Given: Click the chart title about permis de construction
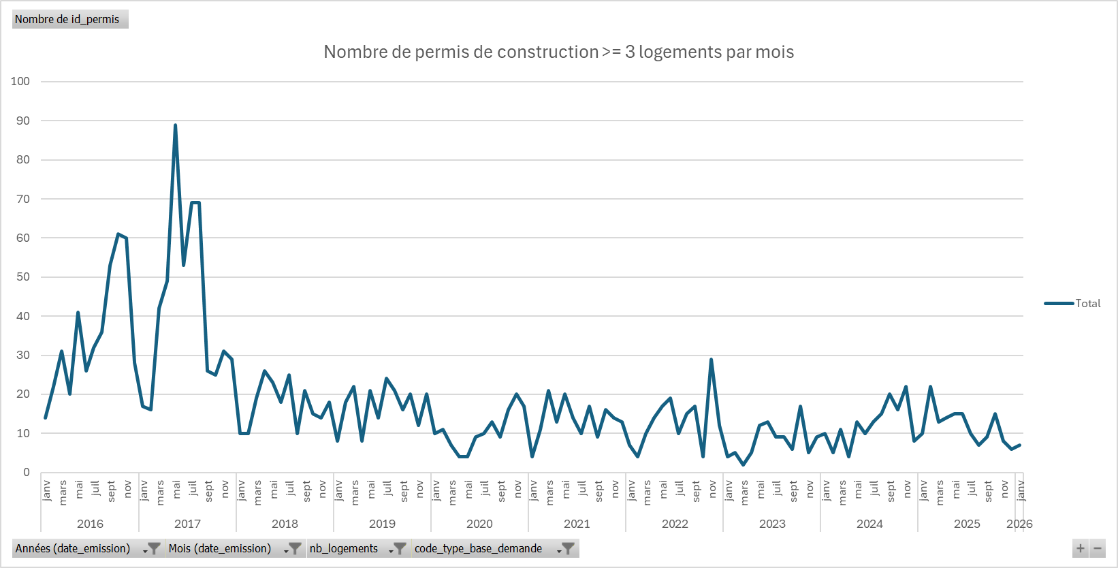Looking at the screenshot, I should pos(558,52).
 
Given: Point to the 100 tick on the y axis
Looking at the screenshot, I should pos(20,82).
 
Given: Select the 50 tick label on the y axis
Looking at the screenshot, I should pos(22,277).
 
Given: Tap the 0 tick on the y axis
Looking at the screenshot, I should pos(27,473).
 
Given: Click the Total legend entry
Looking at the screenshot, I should pos(1087,304).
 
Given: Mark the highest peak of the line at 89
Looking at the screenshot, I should pos(175,125).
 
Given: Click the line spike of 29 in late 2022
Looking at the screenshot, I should pos(711,360).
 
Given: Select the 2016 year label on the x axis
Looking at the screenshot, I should pos(90,524).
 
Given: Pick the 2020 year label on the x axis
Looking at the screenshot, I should pos(479,524).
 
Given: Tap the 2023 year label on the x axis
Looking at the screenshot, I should pos(772,524).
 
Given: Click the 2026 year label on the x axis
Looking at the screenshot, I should pos(1019,524).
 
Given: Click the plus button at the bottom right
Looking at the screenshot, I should pos(1080,548).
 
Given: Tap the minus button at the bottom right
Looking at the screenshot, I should pos(1098,548).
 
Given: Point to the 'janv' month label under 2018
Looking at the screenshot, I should pos(242,490).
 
